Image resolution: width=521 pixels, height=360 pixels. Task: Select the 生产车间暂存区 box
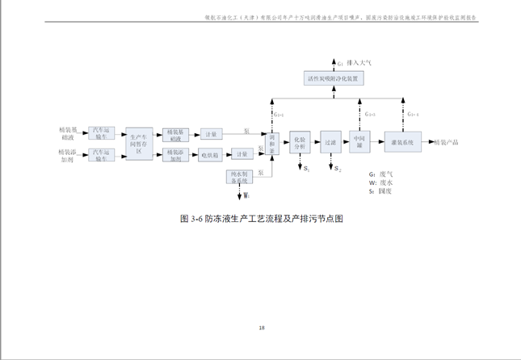point(139,143)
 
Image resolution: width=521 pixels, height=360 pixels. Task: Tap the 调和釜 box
point(273,144)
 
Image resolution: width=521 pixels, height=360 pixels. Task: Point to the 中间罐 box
point(359,142)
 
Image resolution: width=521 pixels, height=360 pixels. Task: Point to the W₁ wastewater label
point(246,195)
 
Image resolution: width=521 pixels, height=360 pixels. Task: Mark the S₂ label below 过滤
point(338,170)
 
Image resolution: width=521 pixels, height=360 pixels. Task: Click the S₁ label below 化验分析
point(306,170)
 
